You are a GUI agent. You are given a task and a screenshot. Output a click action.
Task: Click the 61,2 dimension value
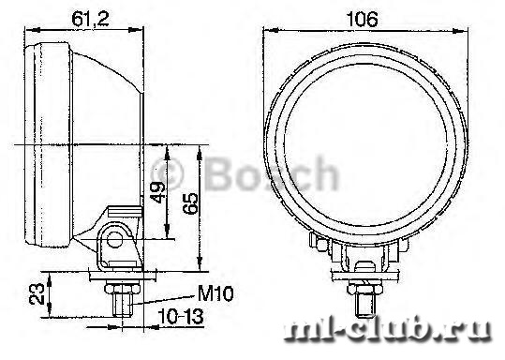point(91,19)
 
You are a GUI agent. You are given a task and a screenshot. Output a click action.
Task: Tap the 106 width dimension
point(362,20)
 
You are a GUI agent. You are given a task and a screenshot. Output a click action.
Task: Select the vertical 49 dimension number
point(158,192)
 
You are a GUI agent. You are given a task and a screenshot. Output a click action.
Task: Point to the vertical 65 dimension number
point(190,203)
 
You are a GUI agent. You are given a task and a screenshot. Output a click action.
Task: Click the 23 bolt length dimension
point(37,294)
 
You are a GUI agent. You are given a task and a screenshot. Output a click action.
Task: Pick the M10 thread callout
point(215,293)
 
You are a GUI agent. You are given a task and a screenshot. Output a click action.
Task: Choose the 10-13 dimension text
point(181,317)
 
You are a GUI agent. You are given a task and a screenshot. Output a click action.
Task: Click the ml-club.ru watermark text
point(388,330)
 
